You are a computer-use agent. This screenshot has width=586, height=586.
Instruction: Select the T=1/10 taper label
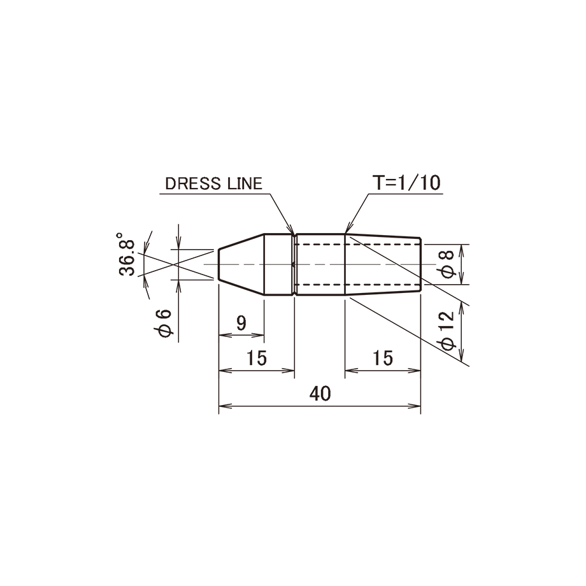click(x=406, y=183)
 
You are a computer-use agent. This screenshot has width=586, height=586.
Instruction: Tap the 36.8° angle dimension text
click(x=126, y=254)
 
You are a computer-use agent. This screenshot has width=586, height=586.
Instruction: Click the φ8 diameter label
click(x=447, y=264)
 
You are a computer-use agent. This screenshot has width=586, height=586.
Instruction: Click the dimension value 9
click(x=241, y=323)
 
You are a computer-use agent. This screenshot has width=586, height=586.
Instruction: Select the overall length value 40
click(x=320, y=394)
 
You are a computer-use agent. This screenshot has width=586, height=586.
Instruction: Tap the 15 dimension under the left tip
click(x=257, y=358)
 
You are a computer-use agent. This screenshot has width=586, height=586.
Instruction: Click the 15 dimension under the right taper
click(x=383, y=358)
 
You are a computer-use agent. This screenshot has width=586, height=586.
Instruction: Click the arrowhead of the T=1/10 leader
click(x=348, y=229)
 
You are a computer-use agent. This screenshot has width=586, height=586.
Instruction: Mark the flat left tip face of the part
click(x=218, y=264)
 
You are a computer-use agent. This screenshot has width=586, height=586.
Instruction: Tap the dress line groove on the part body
click(x=294, y=265)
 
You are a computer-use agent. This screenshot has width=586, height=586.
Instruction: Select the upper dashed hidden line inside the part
click(x=357, y=244)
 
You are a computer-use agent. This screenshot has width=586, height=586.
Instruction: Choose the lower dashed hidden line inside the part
click(x=357, y=285)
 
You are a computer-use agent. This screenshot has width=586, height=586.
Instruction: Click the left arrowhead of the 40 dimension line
click(x=225, y=406)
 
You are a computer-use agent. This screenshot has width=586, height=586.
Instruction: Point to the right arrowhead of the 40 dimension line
click(x=415, y=406)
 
